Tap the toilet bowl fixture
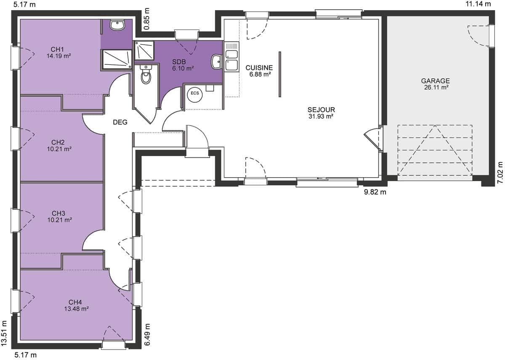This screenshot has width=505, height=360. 146,75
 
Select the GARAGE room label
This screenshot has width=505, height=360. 435,81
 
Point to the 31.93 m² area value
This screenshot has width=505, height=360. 321,116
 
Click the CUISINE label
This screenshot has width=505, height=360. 259,68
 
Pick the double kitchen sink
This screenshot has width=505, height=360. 232,56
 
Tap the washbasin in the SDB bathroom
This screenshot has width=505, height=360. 216,61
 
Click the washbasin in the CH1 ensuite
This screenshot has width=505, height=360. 117,24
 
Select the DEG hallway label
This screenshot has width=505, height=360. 120,122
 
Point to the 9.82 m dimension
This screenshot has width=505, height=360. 375,192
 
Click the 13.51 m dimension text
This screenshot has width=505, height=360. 4,333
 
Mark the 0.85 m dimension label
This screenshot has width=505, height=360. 146,19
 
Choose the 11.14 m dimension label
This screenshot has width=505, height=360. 478,4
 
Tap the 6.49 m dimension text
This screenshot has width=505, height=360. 147,334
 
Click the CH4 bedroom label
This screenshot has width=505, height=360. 75,302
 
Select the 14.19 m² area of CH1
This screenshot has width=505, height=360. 59,56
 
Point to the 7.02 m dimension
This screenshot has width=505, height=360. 500,173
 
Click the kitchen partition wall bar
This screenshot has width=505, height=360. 280,75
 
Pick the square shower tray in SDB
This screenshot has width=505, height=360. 144,50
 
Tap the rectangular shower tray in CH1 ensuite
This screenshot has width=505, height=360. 117,59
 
